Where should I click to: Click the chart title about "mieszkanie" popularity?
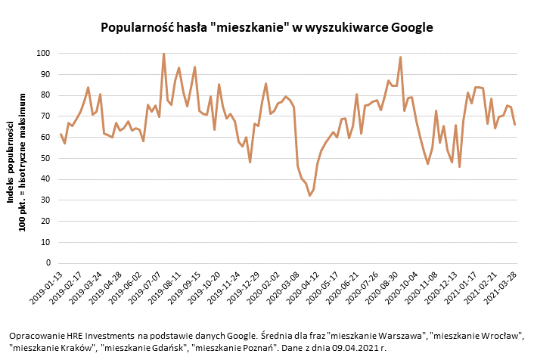[x=267, y=28]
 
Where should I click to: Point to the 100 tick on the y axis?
[x=42, y=54]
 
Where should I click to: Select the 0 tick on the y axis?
[x=47, y=263]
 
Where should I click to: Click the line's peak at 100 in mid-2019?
[x=163, y=54]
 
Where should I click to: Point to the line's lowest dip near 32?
[x=309, y=196]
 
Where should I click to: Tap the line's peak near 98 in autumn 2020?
[x=400, y=57]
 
